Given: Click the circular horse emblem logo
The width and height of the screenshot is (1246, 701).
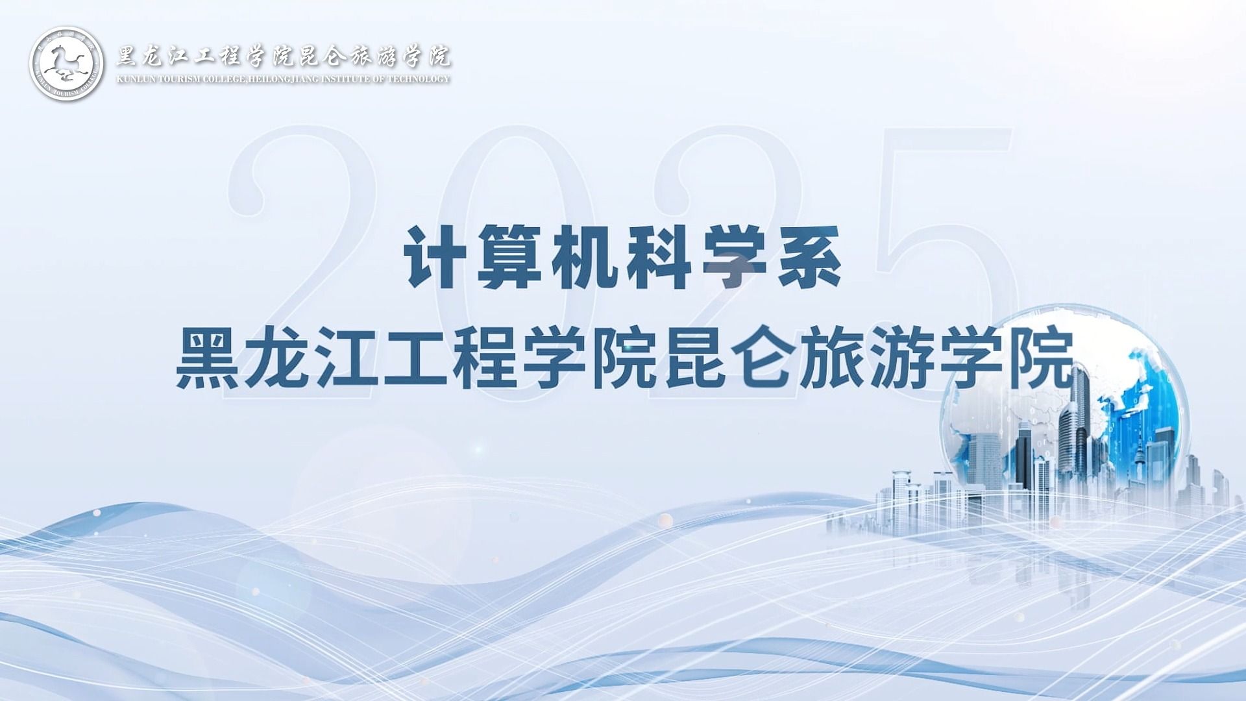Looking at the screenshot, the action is [x=67, y=64].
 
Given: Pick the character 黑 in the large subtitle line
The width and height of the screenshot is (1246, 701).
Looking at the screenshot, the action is [x=208, y=359].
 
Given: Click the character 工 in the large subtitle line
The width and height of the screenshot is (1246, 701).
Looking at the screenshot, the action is [x=416, y=359].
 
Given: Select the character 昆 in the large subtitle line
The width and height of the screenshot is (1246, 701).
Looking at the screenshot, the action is [x=693, y=359].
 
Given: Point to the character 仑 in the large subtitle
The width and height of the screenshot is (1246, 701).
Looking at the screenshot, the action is [x=762, y=359].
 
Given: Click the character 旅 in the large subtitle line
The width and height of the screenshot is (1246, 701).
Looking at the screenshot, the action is [x=832, y=359].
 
